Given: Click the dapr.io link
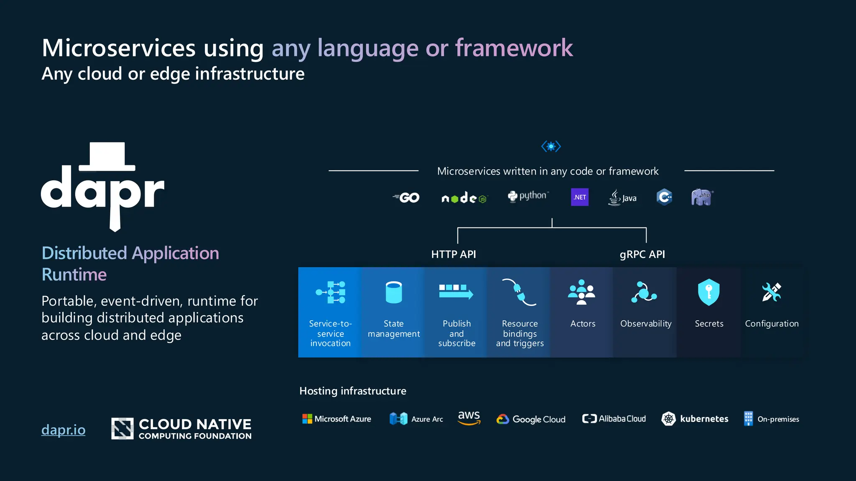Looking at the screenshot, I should [x=63, y=430].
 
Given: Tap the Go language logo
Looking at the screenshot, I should [x=406, y=197].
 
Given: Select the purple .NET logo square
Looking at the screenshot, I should [x=579, y=197].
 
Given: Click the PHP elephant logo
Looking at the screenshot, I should [x=702, y=197].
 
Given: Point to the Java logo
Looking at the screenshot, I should [x=622, y=197].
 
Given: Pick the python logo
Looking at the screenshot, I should [x=528, y=196].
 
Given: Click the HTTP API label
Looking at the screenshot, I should [x=453, y=254].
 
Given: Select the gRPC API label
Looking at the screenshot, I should [x=642, y=254].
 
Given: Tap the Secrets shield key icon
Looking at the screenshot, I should [x=708, y=292].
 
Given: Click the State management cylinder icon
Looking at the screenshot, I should [x=393, y=292].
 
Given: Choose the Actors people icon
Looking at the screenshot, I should [x=581, y=292].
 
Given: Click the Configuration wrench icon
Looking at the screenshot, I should [x=771, y=292].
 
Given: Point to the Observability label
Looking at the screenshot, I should [x=646, y=324].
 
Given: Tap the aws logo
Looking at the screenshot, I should [x=469, y=417].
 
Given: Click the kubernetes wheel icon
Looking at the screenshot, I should [x=668, y=418].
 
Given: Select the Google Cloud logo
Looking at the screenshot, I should [x=531, y=419].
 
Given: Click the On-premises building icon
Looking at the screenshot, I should [x=748, y=418].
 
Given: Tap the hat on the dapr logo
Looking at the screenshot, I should [x=107, y=157].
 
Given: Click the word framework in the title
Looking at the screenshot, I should [x=514, y=48].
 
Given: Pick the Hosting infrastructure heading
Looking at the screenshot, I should [x=353, y=391].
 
